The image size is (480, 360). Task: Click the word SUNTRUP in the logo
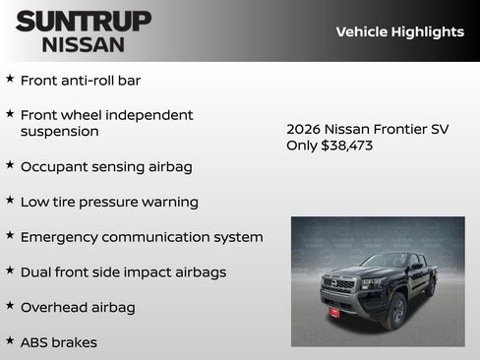tap(84, 21)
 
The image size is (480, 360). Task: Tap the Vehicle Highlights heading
tap(399, 31)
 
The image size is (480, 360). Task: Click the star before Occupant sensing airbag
tap(10, 165)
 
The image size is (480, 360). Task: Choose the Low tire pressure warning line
tap(109, 202)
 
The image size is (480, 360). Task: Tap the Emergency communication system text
tap(142, 237)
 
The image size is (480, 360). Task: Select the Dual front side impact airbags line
tap(123, 271)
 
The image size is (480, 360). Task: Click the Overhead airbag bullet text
tap(78, 307)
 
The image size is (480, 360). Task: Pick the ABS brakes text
tap(59, 342)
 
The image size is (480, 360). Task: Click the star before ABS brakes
tap(10, 341)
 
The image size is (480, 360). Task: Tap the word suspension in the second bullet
tap(59, 131)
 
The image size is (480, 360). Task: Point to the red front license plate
tap(335, 312)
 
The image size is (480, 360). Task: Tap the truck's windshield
tap(385, 262)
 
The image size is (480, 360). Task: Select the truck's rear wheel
tap(430, 287)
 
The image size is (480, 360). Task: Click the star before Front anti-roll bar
tap(10, 79)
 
